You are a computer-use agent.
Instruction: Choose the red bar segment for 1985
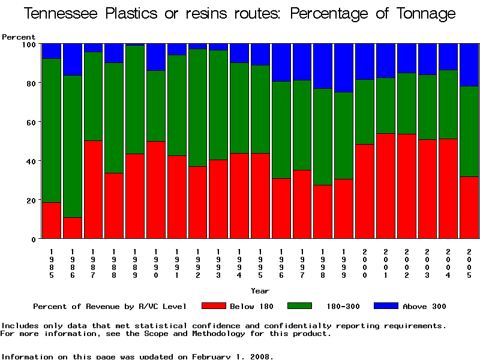[52, 220]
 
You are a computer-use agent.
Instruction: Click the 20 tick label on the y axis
[31, 200]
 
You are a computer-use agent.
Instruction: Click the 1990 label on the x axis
[156, 262]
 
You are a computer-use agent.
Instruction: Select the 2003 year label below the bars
[427, 262]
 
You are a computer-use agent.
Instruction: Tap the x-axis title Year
[260, 291]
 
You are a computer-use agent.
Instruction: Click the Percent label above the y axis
[19, 37]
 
